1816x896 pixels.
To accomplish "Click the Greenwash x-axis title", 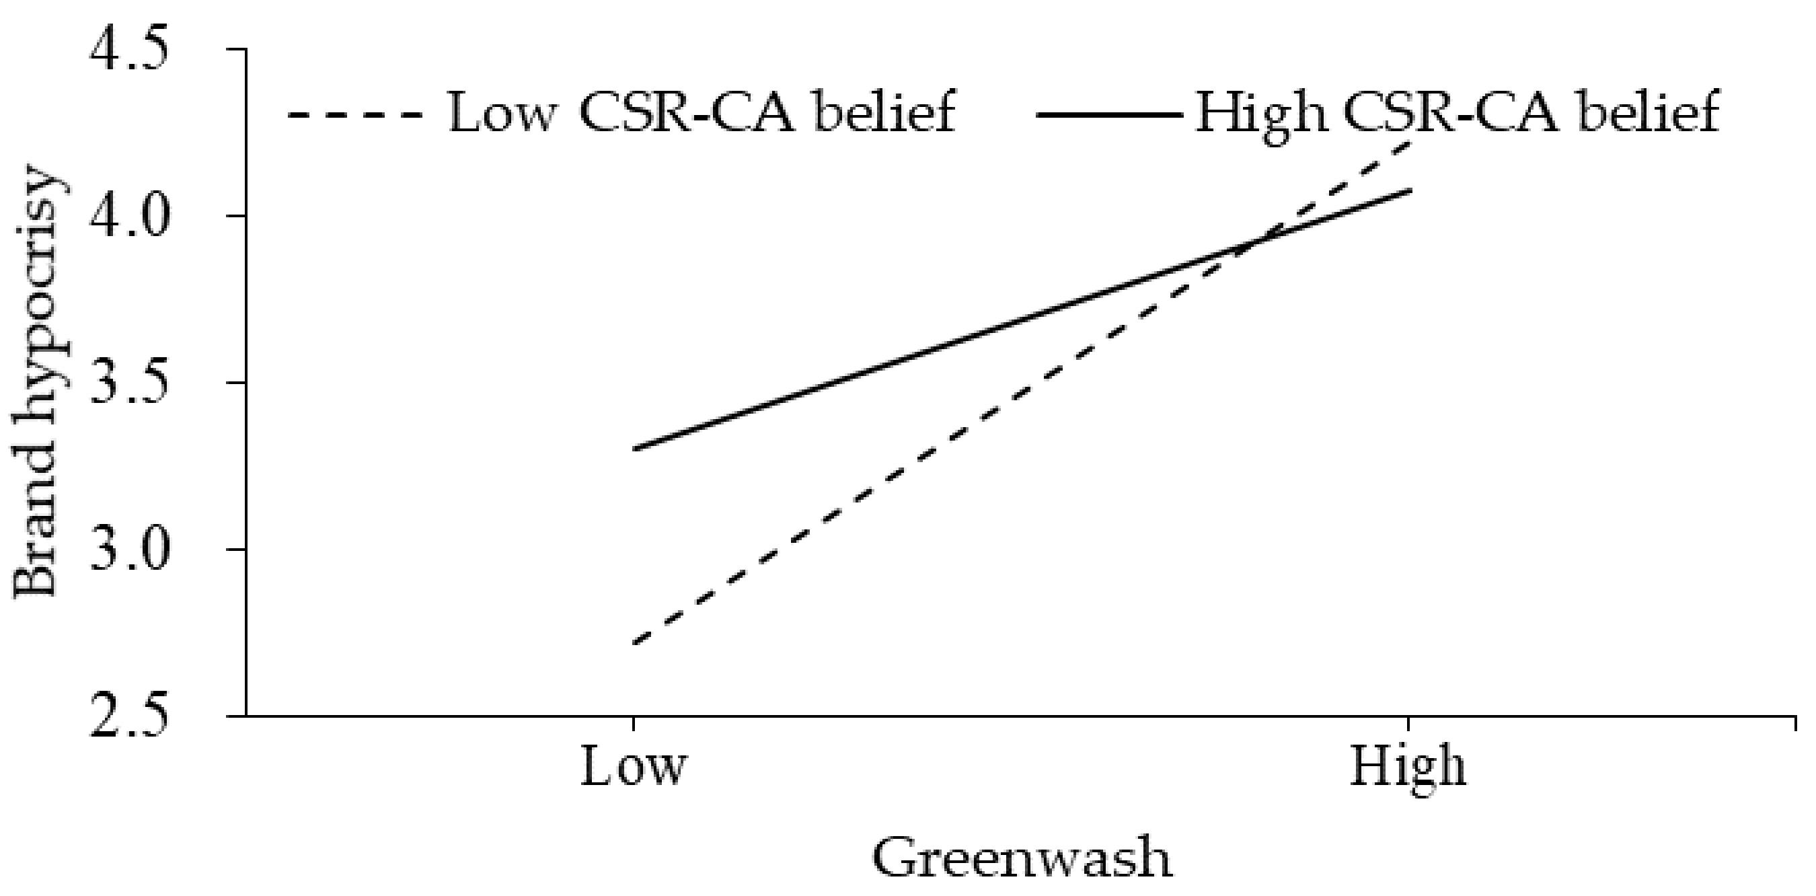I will (1022, 858).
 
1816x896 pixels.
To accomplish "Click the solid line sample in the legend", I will (1109, 115).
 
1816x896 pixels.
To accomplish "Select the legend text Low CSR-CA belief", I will (702, 113).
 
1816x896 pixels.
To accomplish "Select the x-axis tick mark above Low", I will (633, 724).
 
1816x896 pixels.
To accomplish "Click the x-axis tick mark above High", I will (1408, 724).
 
